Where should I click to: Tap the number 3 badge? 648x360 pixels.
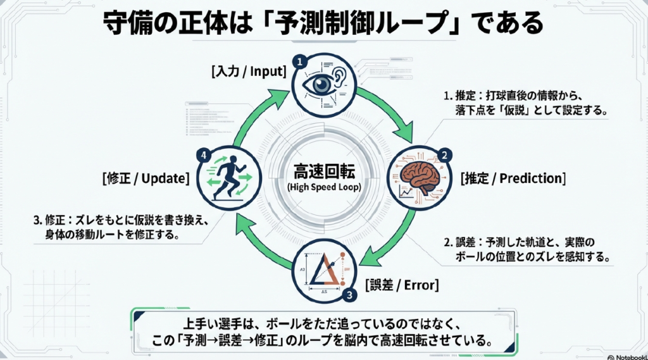(x=348, y=294)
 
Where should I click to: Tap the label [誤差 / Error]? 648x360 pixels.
(x=402, y=284)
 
